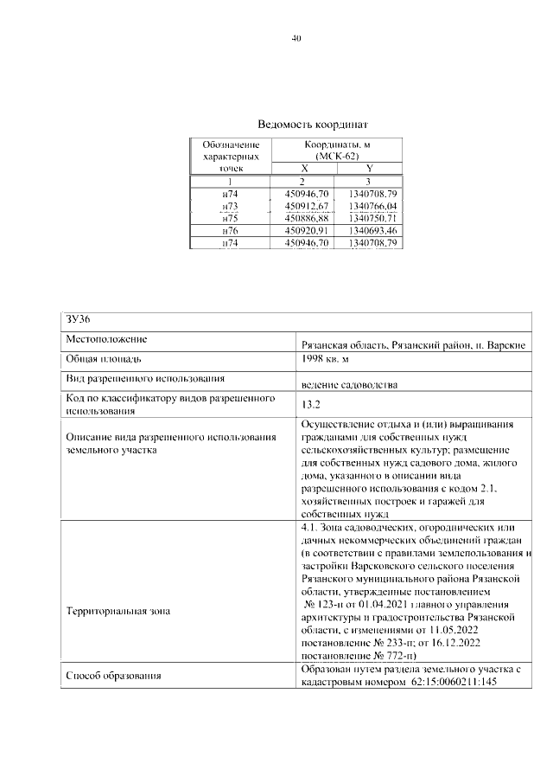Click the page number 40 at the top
[x=296, y=38]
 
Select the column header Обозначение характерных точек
[x=230, y=157]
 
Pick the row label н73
[x=230, y=207]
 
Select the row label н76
[x=230, y=232]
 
